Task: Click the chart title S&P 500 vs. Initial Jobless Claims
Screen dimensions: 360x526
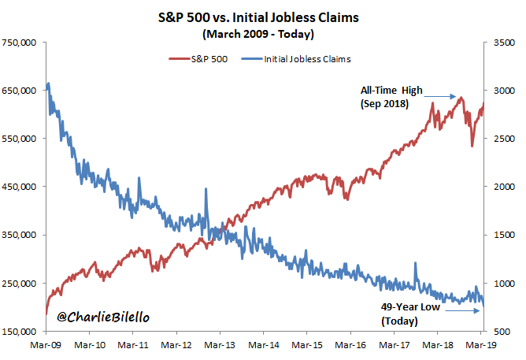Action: [x=262, y=17]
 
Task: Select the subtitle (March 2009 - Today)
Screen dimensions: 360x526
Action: [x=262, y=34]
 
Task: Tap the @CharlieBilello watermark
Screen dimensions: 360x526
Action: [x=104, y=317]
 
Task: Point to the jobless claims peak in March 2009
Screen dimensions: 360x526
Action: [x=49, y=84]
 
